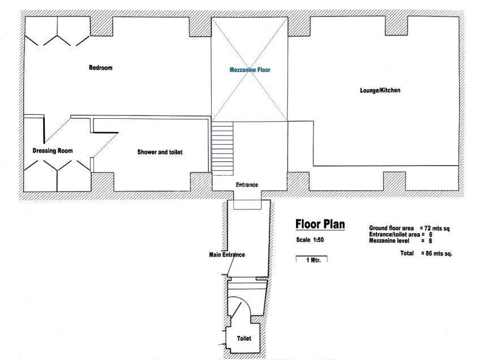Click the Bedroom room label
point(100,68)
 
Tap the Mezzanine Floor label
point(250,70)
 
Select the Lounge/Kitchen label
point(380,90)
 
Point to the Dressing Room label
point(53,151)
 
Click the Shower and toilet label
point(160,152)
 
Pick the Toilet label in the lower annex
point(244,338)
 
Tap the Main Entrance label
point(227,255)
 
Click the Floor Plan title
point(320,224)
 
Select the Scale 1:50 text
point(310,239)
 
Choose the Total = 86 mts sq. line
point(426,253)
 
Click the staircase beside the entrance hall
point(222,148)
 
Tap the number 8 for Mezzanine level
point(430,241)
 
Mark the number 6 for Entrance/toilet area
point(430,235)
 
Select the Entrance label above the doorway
point(247,185)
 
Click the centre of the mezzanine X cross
point(250,70)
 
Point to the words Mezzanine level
point(389,241)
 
